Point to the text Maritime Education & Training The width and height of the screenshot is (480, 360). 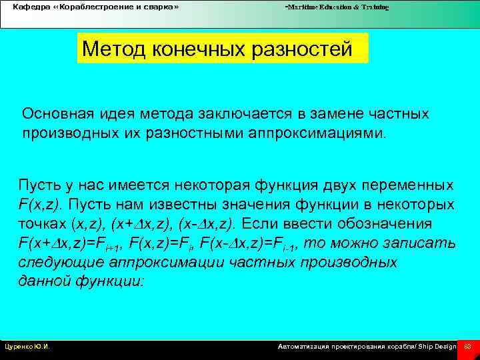pos(337,7)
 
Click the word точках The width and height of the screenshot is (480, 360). pos(39,223)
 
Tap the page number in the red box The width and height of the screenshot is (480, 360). pos(467,347)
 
